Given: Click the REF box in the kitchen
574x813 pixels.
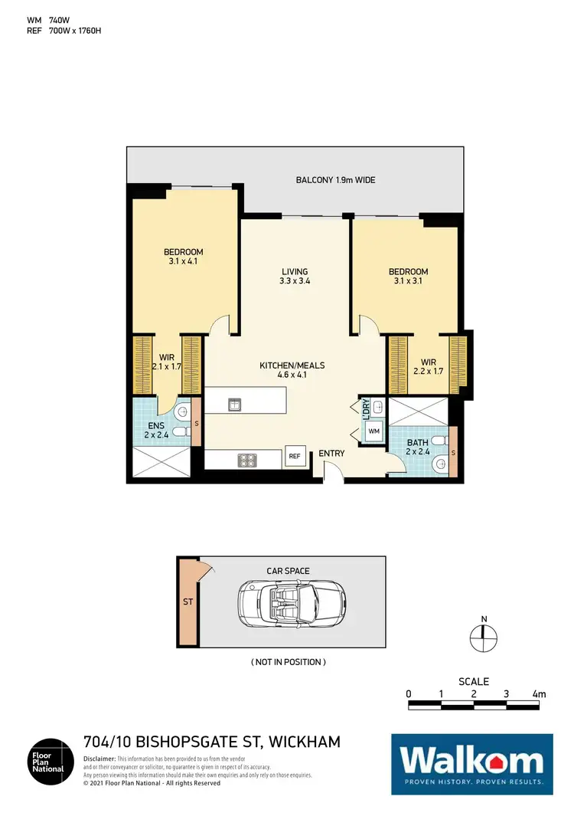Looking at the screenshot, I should (295, 456).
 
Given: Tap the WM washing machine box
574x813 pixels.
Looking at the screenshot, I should (374, 432).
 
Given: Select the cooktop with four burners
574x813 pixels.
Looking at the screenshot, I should (249, 460).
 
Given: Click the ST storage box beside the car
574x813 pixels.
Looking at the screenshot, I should (187, 602).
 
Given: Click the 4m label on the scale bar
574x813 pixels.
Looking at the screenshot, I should (539, 694).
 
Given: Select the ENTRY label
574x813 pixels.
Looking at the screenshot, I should (331, 453).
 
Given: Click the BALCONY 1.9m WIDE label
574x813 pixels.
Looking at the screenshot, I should (335, 181).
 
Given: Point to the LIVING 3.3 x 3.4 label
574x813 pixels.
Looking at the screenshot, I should (295, 277).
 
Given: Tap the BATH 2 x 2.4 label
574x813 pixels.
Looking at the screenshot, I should (417, 447).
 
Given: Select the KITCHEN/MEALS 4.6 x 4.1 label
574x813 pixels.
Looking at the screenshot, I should (292, 370).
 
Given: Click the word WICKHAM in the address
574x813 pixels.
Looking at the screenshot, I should (302, 742).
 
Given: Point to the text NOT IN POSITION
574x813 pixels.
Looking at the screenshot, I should (289, 661).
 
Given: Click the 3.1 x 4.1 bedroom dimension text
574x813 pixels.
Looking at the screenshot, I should (184, 261).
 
